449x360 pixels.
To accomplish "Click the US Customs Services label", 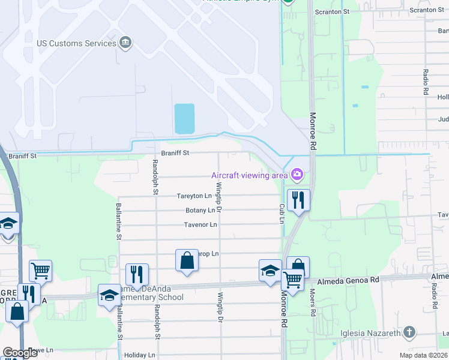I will pos(76,43).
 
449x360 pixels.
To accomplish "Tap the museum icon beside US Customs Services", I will pos(125,43).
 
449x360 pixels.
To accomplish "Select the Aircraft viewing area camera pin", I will pos(297,175).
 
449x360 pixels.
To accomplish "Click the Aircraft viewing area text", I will pos(249,175).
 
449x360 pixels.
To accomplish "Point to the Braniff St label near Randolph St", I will pos(175,153).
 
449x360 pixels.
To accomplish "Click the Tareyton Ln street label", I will pos(194,196).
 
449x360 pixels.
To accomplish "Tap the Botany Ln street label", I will pos(200,211).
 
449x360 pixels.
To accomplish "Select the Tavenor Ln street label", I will pos(200,225).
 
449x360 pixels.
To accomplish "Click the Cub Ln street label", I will pos(281,213).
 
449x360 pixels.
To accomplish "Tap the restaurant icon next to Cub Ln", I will pos(298,200).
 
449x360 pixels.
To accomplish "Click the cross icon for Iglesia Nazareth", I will pos(409,332).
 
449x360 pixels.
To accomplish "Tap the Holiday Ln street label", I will pos(139,355).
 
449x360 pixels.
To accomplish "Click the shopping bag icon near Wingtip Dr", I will pos(187,260).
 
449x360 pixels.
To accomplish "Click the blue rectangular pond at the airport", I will pos(184,118).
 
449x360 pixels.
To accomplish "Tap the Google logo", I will pos(20,353).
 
